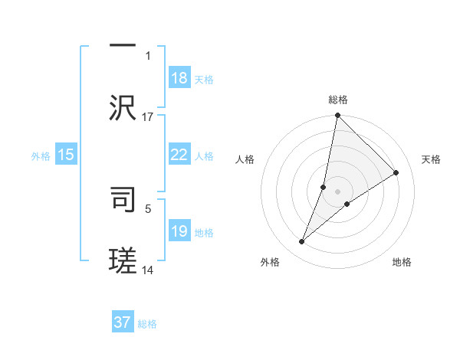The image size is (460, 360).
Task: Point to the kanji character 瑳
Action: (123, 260)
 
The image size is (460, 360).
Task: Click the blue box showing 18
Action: (179, 78)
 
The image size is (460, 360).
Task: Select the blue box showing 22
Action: (179, 155)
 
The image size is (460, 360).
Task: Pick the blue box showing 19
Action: (179, 231)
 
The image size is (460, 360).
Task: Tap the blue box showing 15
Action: (66, 155)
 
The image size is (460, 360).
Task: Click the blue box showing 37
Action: (123, 322)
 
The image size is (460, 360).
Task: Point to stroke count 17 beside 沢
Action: (148, 116)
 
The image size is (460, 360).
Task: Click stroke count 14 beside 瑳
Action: (148, 270)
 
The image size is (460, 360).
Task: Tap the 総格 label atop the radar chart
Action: (338, 100)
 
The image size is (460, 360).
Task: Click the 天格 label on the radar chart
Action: (432, 159)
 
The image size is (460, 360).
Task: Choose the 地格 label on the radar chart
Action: (402, 262)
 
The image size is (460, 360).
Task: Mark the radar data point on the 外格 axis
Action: (302, 242)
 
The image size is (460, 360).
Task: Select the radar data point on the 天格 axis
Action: (396, 173)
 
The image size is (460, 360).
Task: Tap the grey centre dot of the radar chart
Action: (338, 191)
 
